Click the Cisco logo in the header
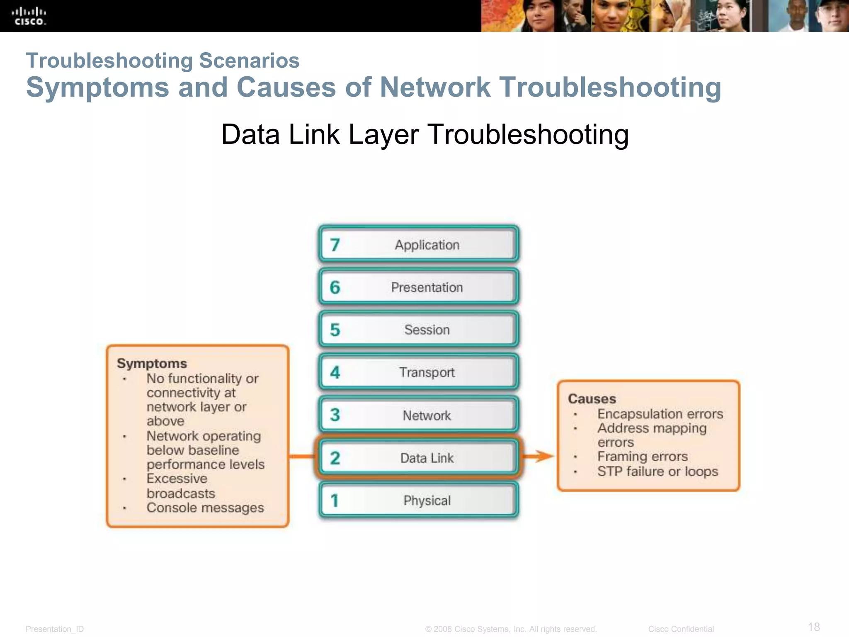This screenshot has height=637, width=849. pos(29,16)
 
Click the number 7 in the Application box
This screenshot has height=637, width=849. pos(335,245)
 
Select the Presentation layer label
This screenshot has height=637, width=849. pos(427,287)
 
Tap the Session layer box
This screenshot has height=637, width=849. pos(419,330)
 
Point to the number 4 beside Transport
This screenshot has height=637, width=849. pos(335,372)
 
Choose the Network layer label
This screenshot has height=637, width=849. pos(427,415)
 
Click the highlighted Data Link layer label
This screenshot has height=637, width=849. pos(427,458)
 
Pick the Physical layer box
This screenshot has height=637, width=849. pos(419,501)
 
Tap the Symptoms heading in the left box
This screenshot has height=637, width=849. pos(152,363)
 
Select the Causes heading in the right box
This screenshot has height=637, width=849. pos(592,399)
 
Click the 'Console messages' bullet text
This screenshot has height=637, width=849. pos(205,508)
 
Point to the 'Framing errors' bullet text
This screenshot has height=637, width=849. pos(642,456)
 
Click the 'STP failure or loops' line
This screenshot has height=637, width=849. pos(657,471)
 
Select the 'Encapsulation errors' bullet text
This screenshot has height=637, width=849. pos(660,413)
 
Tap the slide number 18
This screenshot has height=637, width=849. pos(814,627)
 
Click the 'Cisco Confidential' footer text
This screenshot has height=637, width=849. pos(681,629)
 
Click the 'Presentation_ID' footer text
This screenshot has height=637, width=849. pos(55,629)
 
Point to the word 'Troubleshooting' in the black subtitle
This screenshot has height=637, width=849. pos(527,134)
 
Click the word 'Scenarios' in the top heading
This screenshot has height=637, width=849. pos(249,61)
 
